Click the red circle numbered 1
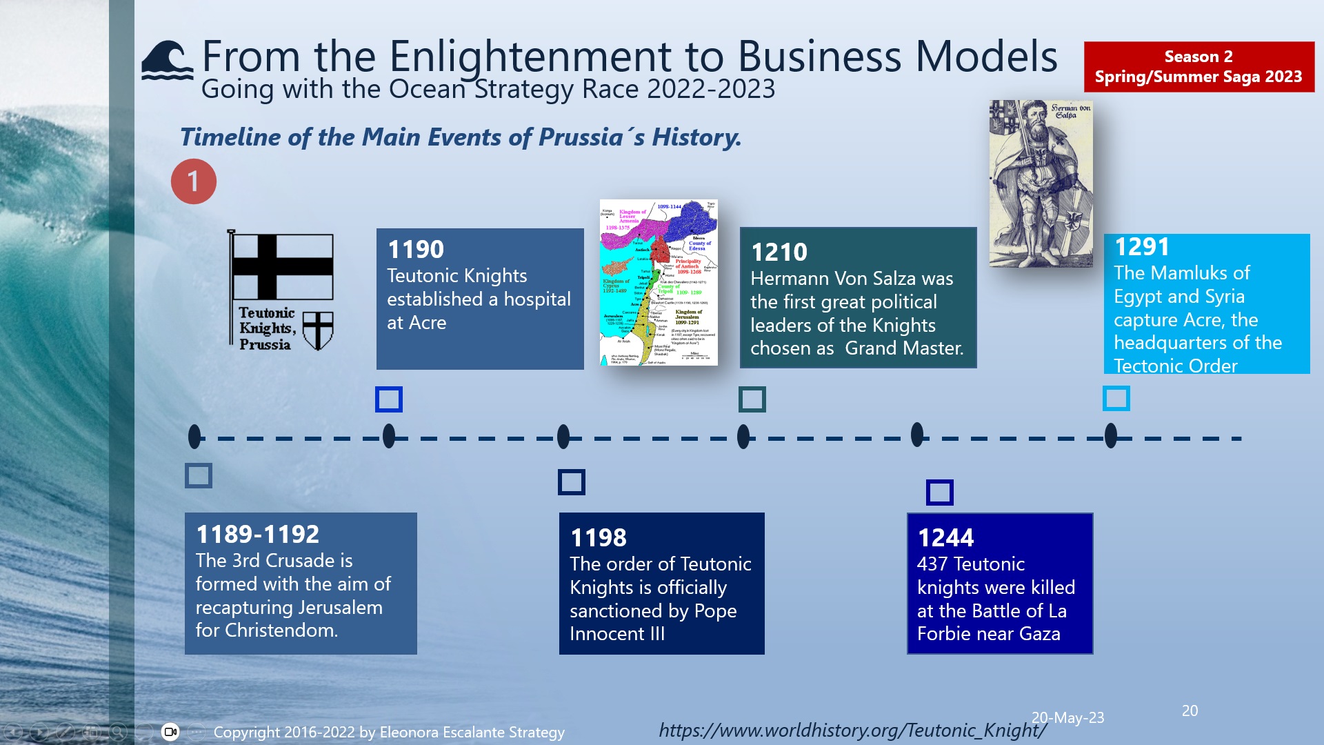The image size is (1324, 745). [193, 181]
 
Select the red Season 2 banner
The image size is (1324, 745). [1198, 67]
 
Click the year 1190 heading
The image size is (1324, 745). [416, 249]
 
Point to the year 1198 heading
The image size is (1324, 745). [599, 537]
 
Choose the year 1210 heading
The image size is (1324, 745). [779, 252]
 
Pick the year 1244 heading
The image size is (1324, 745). [946, 537]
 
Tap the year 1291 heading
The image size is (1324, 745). [1143, 247]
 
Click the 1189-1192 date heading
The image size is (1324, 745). [258, 534]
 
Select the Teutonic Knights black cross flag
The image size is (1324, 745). [282, 267]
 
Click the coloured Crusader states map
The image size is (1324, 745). [659, 282]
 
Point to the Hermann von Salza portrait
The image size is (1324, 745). [1041, 183]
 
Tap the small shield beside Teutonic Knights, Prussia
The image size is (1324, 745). [318, 330]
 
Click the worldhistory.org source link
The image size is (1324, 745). [852, 730]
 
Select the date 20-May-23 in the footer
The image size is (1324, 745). [1067, 717]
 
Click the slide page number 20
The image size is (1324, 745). [1190, 711]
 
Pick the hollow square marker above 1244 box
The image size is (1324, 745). [939, 493]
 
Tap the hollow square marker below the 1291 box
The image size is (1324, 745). [1116, 398]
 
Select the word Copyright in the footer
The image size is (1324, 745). [246, 732]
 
